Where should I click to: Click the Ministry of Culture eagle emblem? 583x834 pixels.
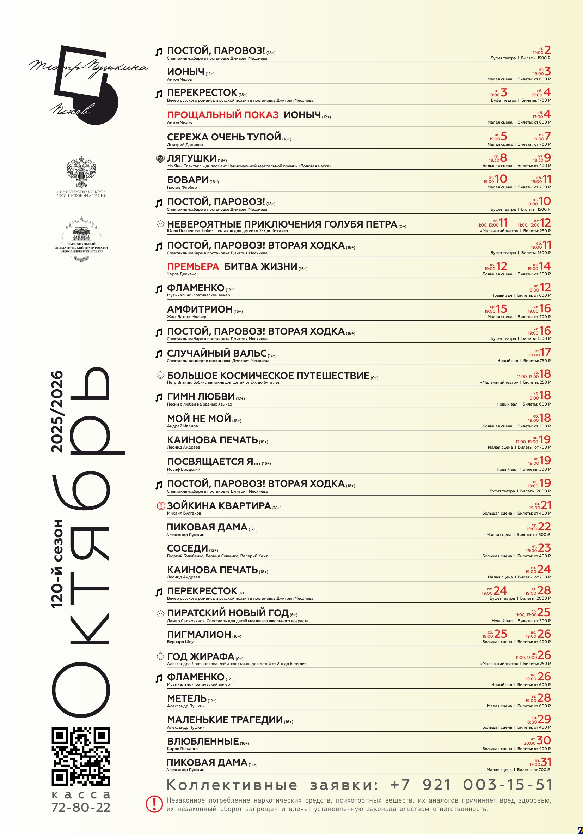[x=81, y=172]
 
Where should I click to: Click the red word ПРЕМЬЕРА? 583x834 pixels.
[x=193, y=266]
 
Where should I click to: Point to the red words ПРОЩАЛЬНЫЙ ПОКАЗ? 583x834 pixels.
[x=222, y=115]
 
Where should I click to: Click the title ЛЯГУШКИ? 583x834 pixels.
[x=191, y=158]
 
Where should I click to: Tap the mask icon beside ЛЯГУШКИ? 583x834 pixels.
[x=160, y=159]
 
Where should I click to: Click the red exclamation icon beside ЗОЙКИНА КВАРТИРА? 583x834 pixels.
[x=161, y=506]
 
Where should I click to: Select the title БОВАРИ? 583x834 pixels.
[x=188, y=180]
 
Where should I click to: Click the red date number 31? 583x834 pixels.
[x=546, y=762]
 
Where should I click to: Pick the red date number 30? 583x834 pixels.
[x=544, y=740]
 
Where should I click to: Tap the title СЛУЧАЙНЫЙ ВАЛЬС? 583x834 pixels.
[x=216, y=353]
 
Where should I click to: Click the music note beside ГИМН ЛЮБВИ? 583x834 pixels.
[x=159, y=397]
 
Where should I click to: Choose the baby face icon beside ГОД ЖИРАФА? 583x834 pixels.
[x=160, y=656]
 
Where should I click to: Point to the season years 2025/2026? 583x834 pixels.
[x=57, y=412]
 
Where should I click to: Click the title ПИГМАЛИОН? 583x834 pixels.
[x=199, y=634]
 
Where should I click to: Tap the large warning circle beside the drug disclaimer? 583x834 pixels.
[x=154, y=804]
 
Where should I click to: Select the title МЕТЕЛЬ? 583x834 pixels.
[x=186, y=698]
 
